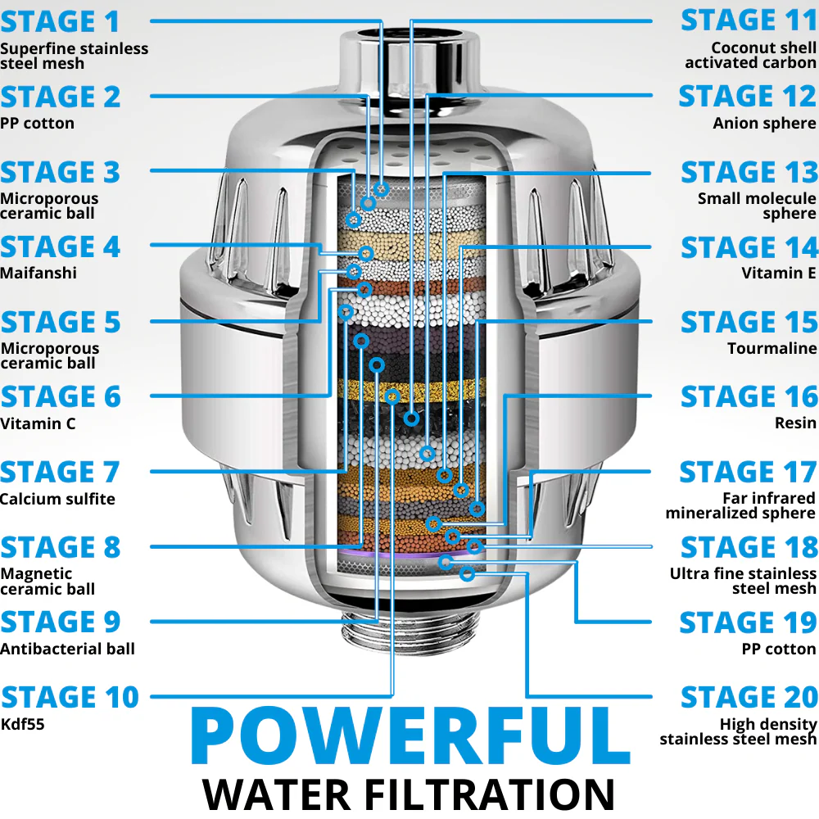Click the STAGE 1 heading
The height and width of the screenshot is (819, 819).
pos(60,22)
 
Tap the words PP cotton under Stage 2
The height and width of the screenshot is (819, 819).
pos(37,124)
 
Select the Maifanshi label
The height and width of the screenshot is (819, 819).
pos(38,273)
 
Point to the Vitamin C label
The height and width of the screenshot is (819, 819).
pos(38,423)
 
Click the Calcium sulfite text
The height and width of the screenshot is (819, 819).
pos(57,498)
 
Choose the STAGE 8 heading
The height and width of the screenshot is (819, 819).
pos(61,547)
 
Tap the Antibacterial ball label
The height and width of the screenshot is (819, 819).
pos(67,648)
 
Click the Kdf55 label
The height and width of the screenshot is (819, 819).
pos(22,724)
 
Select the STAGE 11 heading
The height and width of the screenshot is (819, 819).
pos(749,20)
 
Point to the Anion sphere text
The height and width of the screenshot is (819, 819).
pos(764,124)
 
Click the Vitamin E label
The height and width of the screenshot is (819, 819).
pos(778,273)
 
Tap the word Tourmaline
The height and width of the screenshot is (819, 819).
pos(771,348)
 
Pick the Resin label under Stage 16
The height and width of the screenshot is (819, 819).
pos(795,423)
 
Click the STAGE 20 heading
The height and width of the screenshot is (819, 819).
pos(749,697)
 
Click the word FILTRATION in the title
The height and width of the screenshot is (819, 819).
pos(489,795)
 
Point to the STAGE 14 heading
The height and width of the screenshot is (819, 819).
pos(749,247)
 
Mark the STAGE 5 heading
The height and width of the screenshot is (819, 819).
pos(61,322)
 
